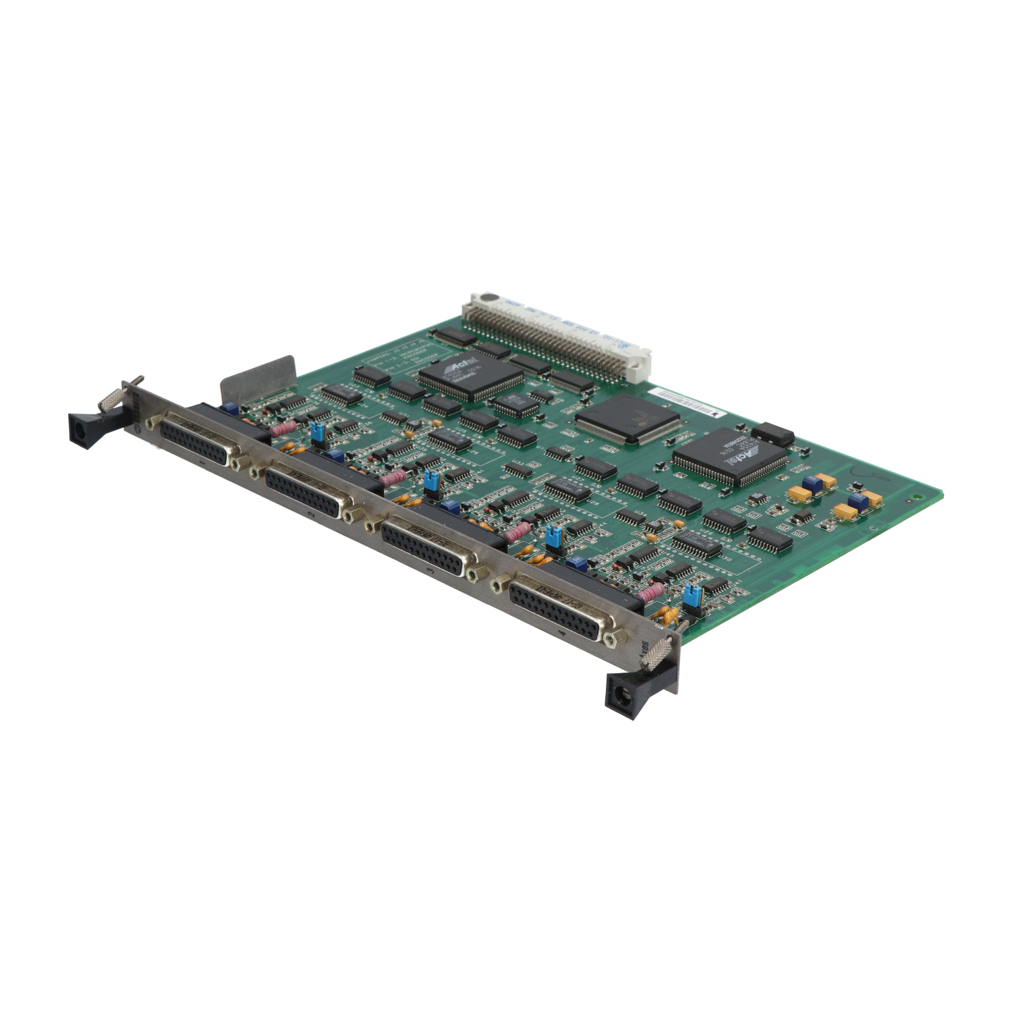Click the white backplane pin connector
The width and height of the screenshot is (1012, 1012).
point(557,334)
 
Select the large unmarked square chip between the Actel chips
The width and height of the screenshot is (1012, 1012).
point(627,418)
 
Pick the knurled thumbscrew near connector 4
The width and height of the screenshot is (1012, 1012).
point(658,652)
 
